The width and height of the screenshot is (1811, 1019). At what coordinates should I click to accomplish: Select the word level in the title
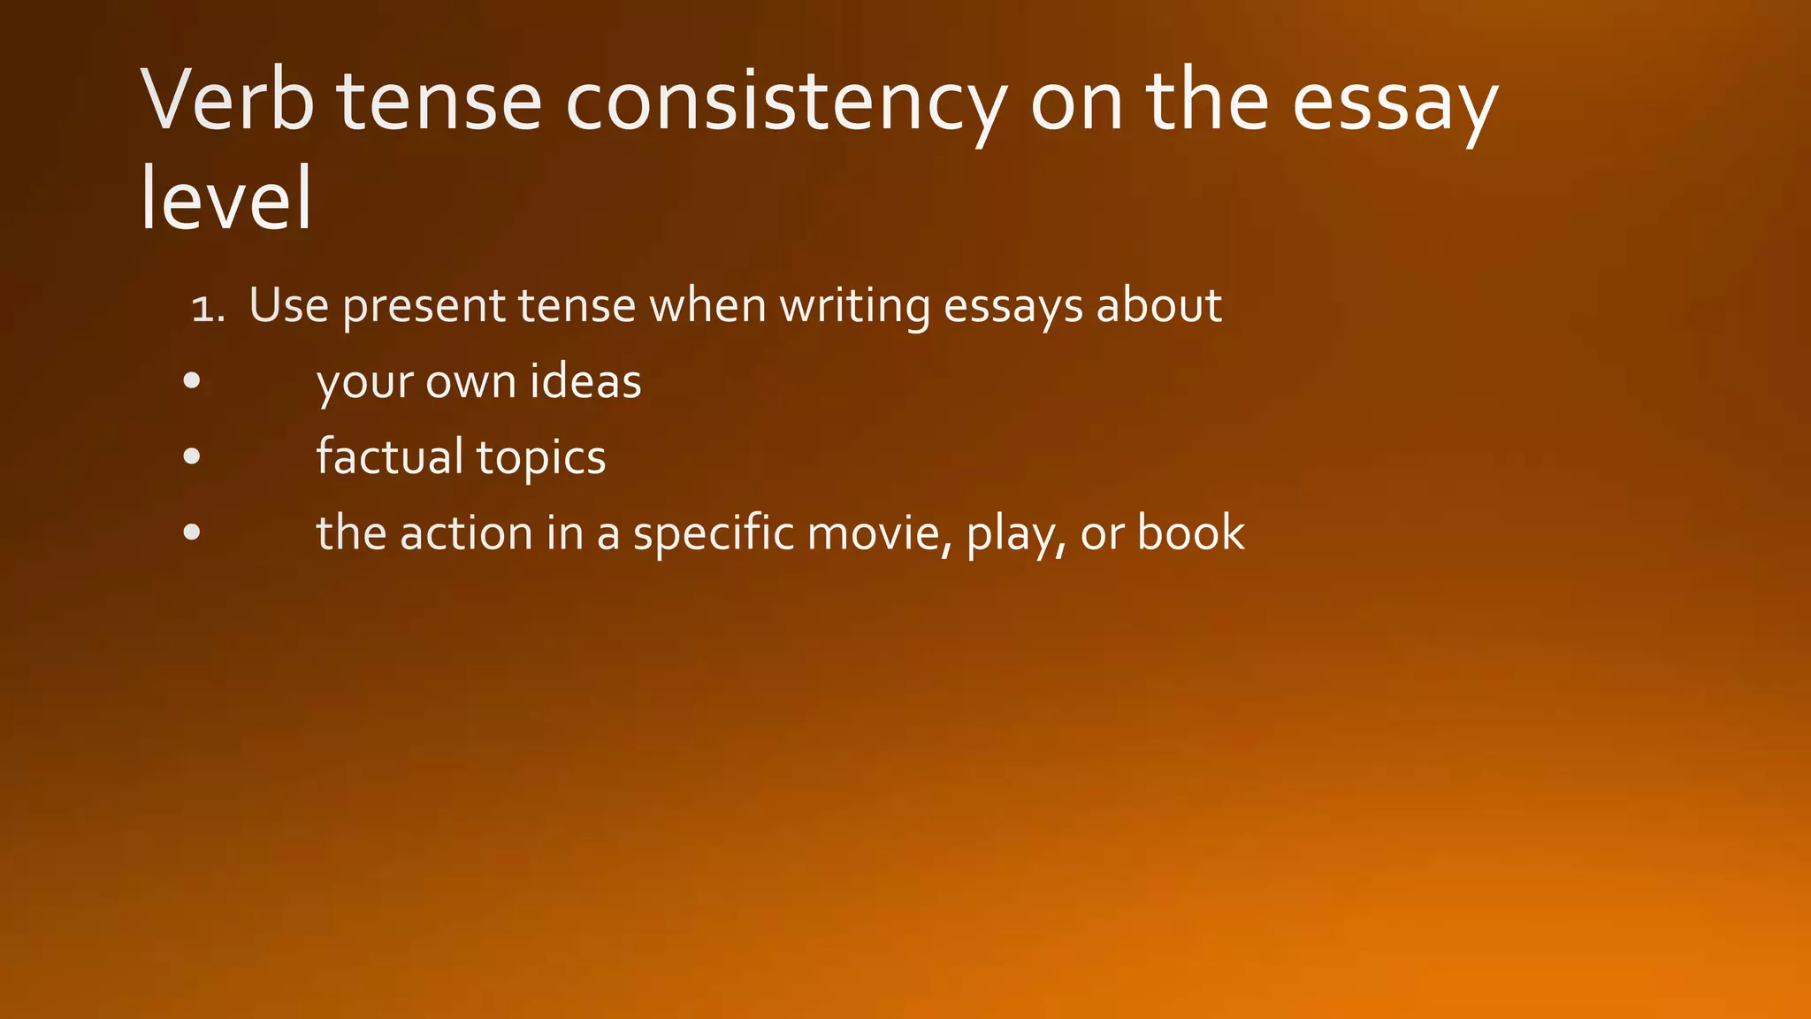click(226, 198)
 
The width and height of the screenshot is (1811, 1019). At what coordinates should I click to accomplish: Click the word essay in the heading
click(1395, 101)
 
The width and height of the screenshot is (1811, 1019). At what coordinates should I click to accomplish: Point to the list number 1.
click(207, 308)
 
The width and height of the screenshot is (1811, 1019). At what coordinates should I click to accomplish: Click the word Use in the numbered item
click(288, 305)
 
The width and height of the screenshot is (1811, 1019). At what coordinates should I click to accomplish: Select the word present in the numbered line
click(423, 307)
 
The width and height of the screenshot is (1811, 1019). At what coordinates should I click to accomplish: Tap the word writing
click(854, 307)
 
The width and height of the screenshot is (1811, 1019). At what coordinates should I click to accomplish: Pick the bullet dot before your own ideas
click(192, 381)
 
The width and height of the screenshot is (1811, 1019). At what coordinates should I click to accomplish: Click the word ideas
click(585, 381)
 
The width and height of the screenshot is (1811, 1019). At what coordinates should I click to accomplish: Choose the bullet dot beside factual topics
click(192, 457)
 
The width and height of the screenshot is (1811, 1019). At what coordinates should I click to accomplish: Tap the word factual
click(390, 457)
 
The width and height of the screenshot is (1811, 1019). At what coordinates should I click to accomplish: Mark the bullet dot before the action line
click(192, 533)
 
